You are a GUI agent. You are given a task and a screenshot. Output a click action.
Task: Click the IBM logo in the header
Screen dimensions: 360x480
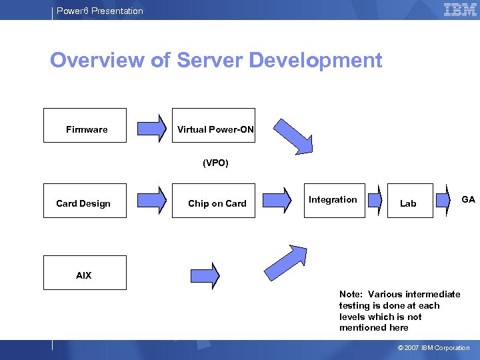459,10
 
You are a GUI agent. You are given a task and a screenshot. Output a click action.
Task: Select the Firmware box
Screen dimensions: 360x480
85,125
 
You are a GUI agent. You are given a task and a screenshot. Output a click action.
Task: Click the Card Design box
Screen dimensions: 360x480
85,201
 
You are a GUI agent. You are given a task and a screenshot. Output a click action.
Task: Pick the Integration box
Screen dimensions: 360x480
334,200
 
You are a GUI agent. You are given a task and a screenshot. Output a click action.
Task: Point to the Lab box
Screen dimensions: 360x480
408,201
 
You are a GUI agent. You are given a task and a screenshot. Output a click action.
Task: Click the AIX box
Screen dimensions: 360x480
85,273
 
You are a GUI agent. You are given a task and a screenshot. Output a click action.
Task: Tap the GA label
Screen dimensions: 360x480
468,199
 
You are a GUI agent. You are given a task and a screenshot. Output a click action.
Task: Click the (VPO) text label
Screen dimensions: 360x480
215,163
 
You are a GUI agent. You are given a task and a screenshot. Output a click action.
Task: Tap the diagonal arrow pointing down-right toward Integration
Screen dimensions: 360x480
293,137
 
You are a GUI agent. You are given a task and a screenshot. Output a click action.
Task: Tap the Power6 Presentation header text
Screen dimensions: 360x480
99,11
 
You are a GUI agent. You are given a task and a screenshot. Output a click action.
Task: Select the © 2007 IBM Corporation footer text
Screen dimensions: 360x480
433,348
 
